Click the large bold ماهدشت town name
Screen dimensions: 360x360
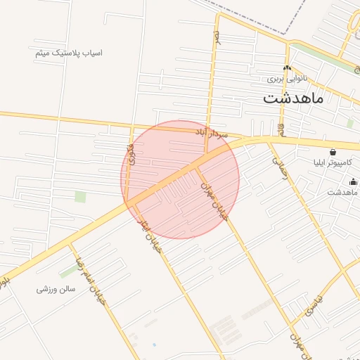point(293,98)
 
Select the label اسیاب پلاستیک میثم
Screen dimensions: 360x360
point(68,53)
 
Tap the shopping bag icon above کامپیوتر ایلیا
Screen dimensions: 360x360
point(333,151)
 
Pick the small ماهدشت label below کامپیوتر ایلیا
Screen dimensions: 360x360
point(343,192)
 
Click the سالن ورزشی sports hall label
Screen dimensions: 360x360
point(56,289)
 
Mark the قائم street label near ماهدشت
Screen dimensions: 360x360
point(282,130)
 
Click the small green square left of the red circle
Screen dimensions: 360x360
point(80,196)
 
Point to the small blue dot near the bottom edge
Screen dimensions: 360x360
point(154,345)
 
